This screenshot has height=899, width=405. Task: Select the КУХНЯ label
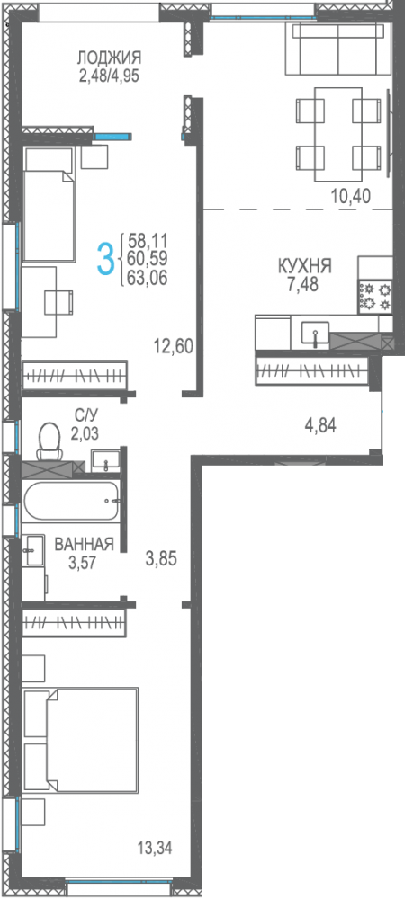point(305,267)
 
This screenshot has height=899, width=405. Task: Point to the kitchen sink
point(316,334)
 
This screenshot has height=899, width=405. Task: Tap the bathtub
point(70,501)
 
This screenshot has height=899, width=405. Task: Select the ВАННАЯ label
point(84,544)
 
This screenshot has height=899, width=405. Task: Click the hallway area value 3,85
point(162,558)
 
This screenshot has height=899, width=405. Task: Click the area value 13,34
point(155,846)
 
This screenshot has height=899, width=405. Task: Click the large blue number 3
point(106,259)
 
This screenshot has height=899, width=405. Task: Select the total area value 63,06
point(148,275)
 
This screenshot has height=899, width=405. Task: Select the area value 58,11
point(148,241)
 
